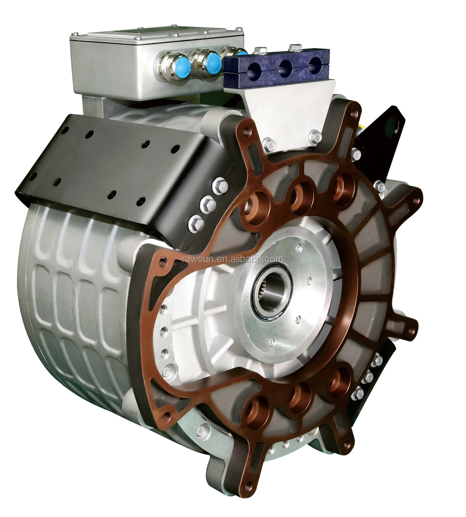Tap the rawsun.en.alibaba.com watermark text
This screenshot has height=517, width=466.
(x=233, y=259)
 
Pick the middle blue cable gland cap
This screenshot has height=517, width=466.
(x=213, y=61)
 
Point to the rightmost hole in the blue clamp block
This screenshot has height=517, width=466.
(x=313, y=63)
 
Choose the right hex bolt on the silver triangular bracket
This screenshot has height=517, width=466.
(x=314, y=135)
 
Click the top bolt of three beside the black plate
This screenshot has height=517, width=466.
(x=219, y=185)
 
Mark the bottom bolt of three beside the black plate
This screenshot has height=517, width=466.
(x=195, y=223)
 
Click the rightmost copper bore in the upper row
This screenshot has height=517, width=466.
(x=341, y=185)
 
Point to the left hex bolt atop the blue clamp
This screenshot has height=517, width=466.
(x=260, y=51)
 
